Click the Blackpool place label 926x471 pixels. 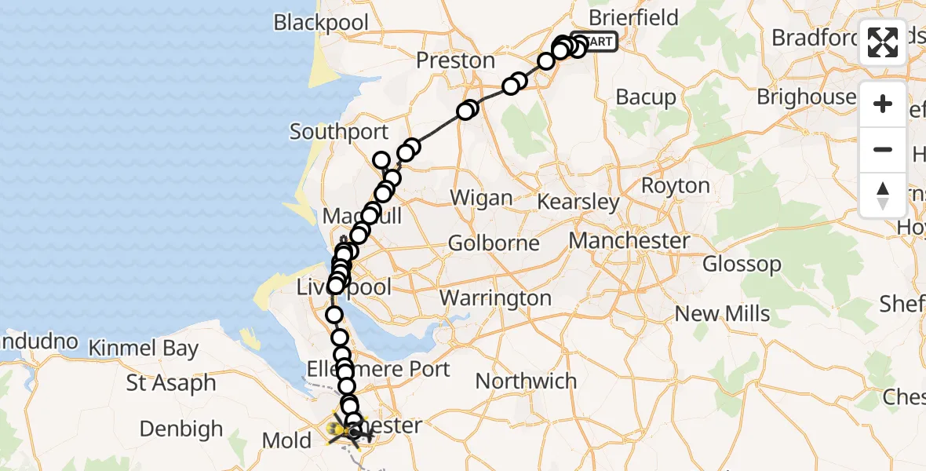click(321, 22)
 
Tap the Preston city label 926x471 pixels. click(456, 60)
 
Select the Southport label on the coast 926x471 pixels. click(339, 131)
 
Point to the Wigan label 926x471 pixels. click(482, 198)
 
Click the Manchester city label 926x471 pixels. click(629, 240)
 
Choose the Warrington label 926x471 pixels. click(496, 298)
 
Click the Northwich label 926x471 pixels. click(527, 382)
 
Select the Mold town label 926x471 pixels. click(287, 440)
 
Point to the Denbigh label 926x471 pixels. click(181, 429)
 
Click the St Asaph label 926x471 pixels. click(171, 384)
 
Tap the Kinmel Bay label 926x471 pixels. click(144, 349)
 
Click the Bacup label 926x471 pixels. click(646, 97)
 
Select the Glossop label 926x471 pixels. click(742, 264)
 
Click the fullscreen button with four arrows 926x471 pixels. click(883, 42)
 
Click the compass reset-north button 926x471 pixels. click(883, 195)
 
